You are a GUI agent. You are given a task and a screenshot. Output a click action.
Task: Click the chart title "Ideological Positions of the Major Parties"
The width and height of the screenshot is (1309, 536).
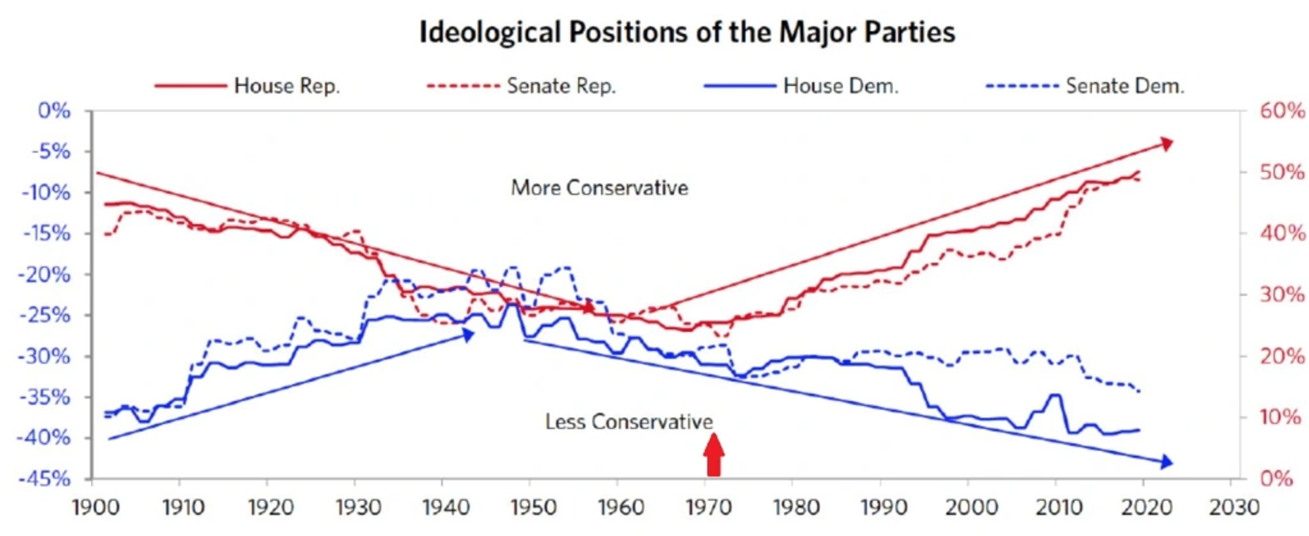(687, 32)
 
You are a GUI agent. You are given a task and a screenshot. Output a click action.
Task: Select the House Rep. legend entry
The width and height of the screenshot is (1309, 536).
(286, 86)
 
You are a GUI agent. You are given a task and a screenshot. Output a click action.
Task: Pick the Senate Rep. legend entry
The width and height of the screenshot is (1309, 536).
(561, 86)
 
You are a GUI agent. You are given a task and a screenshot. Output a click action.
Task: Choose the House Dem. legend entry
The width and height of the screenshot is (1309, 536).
(840, 86)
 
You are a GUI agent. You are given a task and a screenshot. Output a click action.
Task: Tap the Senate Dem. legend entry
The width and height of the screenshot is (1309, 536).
(1124, 86)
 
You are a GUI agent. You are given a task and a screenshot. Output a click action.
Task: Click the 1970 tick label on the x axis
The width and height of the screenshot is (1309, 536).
(708, 507)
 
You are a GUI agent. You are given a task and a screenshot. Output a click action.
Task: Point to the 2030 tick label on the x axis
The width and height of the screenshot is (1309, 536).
(1234, 507)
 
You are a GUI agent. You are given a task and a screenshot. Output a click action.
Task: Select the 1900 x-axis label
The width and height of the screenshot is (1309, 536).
(95, 507)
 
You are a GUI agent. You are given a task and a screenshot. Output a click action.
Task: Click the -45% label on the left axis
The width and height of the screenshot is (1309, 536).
(45, 478)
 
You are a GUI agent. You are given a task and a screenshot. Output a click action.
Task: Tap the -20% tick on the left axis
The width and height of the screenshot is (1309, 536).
(45, 274)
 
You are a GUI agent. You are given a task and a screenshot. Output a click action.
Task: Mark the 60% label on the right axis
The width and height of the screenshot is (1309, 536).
(1282, 110)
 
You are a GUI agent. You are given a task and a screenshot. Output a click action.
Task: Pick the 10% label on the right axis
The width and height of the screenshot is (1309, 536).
(1280, 417)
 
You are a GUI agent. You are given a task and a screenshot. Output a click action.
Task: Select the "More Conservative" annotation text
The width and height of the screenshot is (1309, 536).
(599, 188)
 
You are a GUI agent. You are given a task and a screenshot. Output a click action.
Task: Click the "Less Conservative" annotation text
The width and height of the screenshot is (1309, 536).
(628, 421)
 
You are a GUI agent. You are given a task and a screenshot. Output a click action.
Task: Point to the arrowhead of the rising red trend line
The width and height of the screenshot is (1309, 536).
(1166, 144)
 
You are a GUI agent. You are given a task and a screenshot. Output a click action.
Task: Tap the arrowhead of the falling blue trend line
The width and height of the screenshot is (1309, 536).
(1166, 462)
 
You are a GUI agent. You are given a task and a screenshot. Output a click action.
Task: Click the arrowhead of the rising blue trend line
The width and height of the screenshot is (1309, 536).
(467, 335)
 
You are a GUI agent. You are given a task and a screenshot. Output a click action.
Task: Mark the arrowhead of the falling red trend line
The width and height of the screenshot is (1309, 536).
(589, 307)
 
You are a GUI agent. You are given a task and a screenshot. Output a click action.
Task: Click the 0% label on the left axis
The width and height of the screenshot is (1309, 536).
(54, 110)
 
